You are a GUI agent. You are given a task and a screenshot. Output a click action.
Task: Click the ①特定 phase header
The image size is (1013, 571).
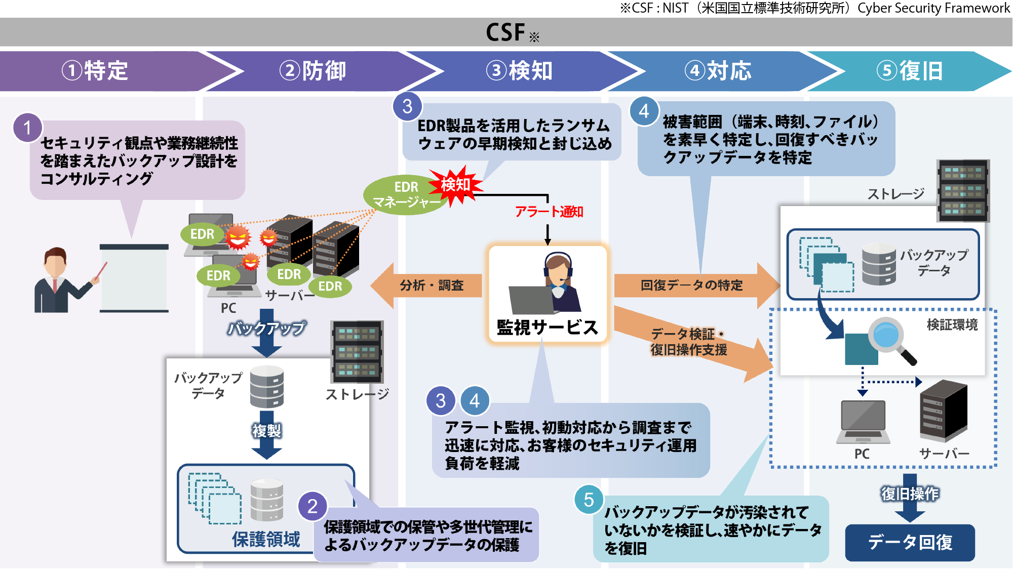point(96,71)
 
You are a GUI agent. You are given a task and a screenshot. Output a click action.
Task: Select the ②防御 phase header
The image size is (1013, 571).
point(314,71)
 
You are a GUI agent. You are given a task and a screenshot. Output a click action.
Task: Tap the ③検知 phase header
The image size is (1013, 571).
point(520,71)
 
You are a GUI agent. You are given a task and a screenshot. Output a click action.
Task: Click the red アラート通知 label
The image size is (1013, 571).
point(549,212)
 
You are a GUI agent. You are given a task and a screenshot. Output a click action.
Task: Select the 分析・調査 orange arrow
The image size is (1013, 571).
point(428,285)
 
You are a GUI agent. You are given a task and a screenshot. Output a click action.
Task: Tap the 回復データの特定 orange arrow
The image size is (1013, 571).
point(694,285)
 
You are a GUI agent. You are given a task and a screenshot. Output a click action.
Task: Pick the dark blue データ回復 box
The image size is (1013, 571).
point(910,543)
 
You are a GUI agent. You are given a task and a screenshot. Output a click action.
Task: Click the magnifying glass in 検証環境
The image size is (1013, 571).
point(890,339)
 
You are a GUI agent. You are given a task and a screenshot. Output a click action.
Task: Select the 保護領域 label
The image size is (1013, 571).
point(266,540)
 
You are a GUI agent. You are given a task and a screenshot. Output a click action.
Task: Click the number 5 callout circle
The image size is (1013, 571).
point(589,500)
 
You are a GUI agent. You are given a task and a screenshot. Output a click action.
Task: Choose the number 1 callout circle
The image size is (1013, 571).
point(27,128)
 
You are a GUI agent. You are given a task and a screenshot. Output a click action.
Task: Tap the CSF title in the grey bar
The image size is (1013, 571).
point(506,32)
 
